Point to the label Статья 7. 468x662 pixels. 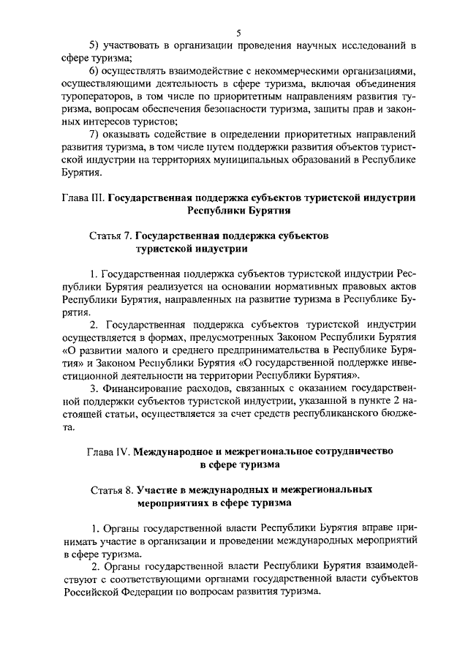[111, 236]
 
